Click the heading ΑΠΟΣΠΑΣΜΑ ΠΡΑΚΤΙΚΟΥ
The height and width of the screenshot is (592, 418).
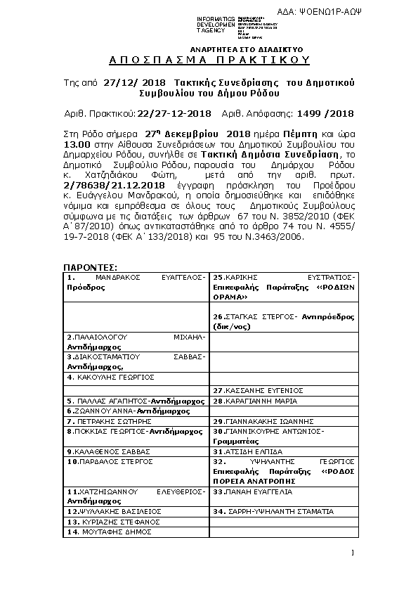pyautogui.click(x=209, y=61)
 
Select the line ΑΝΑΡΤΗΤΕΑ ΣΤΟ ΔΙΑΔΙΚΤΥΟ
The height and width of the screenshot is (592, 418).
pyautogui.click(x=237, y=50)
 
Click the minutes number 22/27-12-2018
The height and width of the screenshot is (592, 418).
pyautogui.click(x=175, y=113)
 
